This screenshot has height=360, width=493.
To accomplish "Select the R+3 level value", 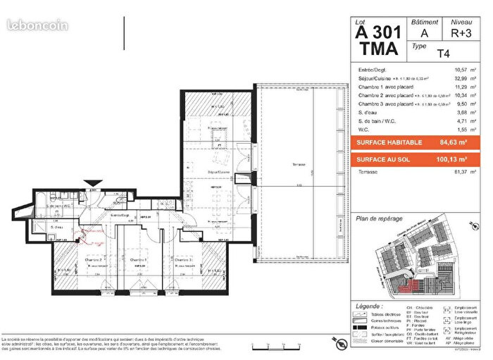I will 461,32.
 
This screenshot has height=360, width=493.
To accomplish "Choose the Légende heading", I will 370,307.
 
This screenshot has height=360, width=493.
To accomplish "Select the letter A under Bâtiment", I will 423,32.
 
